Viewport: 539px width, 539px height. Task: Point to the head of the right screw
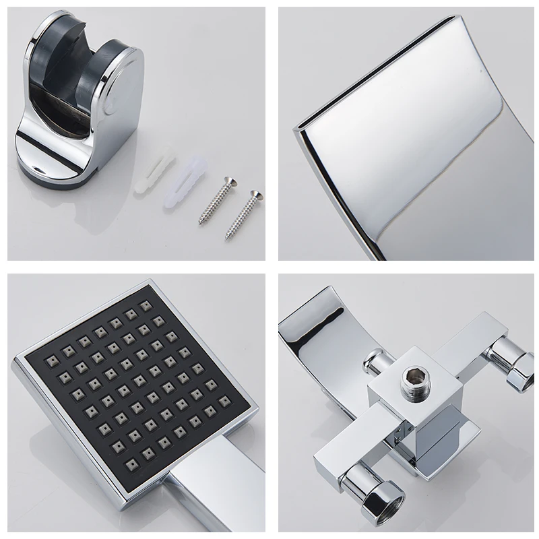(254, 195)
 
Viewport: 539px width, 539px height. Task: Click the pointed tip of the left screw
(200, 223)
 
